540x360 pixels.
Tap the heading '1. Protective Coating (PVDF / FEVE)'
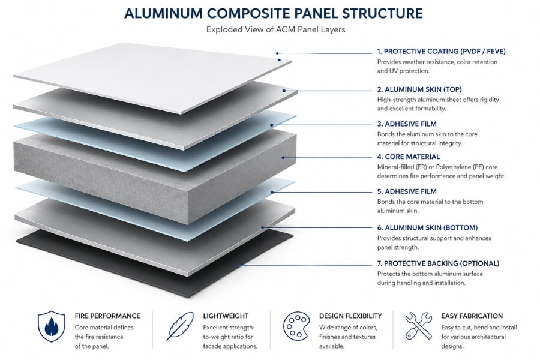point(438,52)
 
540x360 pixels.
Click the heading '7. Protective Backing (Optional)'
point(438,263)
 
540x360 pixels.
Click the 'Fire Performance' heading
point(107,316)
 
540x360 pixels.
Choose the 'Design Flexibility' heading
point(350,316)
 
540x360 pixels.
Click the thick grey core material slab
point(150,174)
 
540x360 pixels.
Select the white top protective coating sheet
point(150,75)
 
